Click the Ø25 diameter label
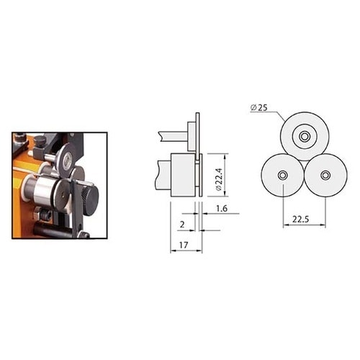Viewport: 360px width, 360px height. coord(258,108)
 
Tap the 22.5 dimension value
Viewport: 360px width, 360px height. coord(301,219)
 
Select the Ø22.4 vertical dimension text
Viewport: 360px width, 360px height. coord(219,179)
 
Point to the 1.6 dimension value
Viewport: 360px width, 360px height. coord(222,209)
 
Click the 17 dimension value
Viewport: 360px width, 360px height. coord(184,245)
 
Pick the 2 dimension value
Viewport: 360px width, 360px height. coord(182,225)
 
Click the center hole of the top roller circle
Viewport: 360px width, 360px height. coord(305,136)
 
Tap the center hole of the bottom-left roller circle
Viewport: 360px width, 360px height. coord(282,176)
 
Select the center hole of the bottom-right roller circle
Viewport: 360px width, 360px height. coord(325,175)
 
